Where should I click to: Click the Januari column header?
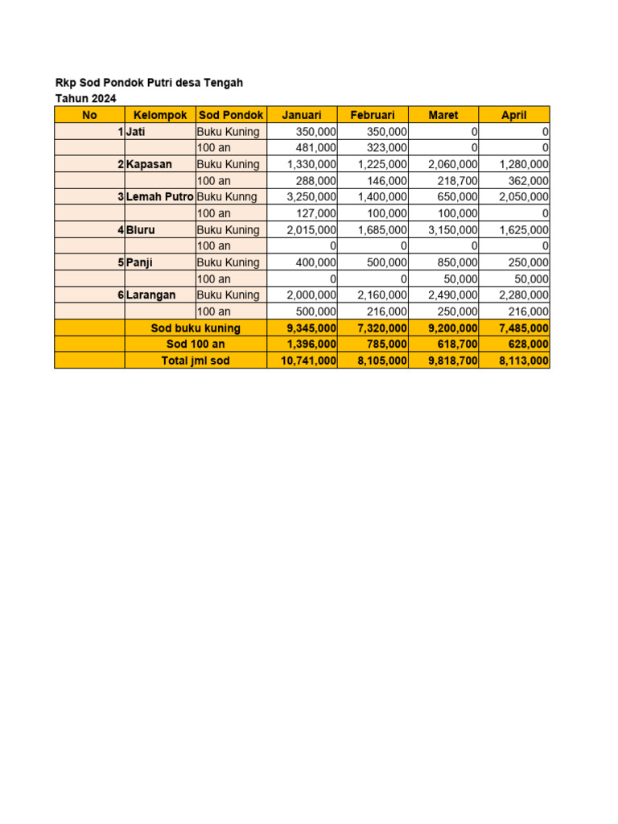tap(302, 115)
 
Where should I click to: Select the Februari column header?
tap(373, 115)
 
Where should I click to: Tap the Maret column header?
tap(443, 115)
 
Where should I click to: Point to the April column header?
tap(514, 115)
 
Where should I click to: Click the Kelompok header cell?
tap(160, 115)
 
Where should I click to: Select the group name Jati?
tap(136, 131)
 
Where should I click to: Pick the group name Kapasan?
tap(149, 164)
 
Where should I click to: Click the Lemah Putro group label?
tap(160, 197)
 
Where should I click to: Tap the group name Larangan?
tap(150, 295)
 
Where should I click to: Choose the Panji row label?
tap(139, 262)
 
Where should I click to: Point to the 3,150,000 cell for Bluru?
tap(452, 230)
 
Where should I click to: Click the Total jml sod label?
tap(196, 361)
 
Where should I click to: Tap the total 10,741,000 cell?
tap(308, 361)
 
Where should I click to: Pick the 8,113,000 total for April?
tap(524, 361)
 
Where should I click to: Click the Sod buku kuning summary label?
tap(196, 328)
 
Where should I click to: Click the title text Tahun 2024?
tap(85, 98)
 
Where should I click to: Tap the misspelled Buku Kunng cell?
tap(227, 197)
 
